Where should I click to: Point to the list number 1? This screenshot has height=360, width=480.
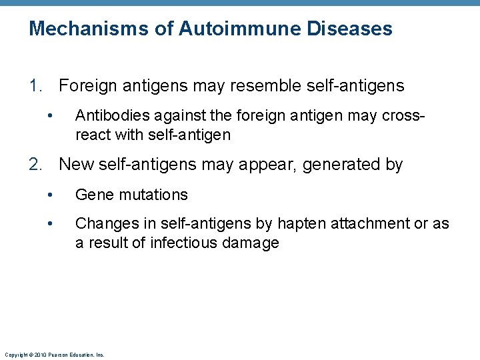pos(35,86)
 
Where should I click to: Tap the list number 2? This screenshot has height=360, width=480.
pos(35,165)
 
